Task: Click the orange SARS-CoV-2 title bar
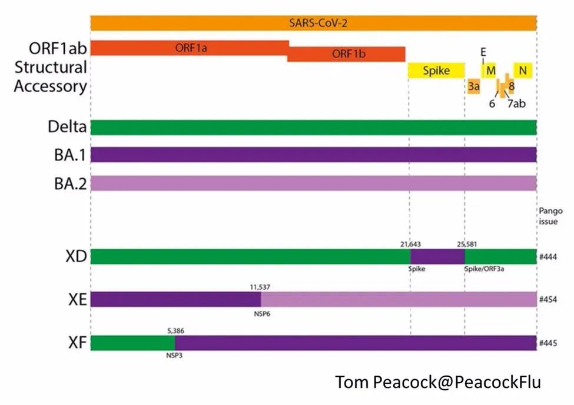click(313, 23)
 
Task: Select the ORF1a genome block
click(190, 48)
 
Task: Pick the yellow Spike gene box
click(436, 71)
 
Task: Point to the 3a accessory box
click(474, 87)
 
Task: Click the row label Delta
click(67, 127)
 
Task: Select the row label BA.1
click(68, 154)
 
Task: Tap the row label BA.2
click(68, 182)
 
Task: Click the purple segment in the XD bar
click(437, 257)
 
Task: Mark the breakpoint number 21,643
click(410, 243)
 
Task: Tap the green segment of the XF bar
click(132, 343)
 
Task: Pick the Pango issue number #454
click(548, 300)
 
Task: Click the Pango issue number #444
click(548, 257)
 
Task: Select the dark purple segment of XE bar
click(171, 300)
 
